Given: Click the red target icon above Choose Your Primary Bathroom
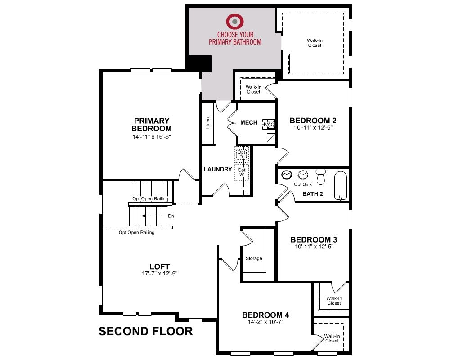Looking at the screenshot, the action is click(x=235, y=21).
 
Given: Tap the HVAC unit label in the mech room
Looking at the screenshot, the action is click(x=268, y=125).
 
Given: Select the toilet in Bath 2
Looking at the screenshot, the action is click(x=320, y=177).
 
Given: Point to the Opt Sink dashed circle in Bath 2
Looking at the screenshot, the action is click(x=302, y=175).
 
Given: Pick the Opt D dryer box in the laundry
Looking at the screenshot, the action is click(x=241, y=155).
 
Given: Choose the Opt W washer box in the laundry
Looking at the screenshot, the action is click(x=241, y=172).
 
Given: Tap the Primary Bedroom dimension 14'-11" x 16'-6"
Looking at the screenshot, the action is click(x=152, y=137).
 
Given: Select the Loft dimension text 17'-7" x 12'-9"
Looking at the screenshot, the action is click(x=160, y=273).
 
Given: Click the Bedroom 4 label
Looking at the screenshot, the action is click(x=265, y=315).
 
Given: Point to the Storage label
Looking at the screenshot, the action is click(x=254, y=258).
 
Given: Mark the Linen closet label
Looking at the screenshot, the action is click(x=208, y=123).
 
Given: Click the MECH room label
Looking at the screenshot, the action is click(x=248, y=122).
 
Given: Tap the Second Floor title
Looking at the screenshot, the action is click(x=145, y=331).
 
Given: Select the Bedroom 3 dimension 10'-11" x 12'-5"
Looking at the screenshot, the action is click(x=314, y=246).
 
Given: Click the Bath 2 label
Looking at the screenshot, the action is click(x=313, y=194).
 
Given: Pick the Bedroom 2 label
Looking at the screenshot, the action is click(x=313, y=121).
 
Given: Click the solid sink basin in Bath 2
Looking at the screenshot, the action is click(x=286, y=175).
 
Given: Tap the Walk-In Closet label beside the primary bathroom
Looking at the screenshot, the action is click(x=315, y=43).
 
